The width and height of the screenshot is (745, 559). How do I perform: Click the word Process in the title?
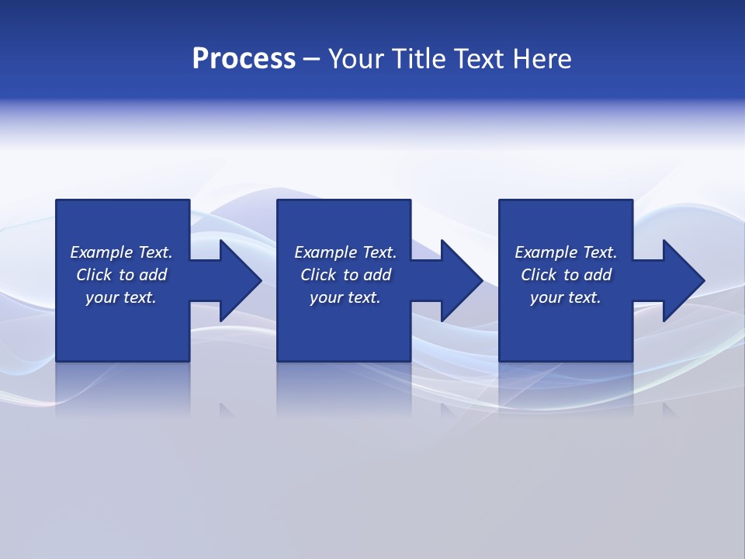click(x=244, y=59)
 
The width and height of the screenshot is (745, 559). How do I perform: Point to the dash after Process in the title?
click(x=312, y=59)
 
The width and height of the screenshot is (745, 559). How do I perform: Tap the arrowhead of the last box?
click(x=682, y=280)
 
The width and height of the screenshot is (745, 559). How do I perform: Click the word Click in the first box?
click(x=94, y=275)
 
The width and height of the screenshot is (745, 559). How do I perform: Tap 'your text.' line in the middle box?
click(x=345, y=297)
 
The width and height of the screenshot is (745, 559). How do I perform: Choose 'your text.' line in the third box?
click(x=565, y=297)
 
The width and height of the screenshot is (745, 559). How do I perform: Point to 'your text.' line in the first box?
click(x=121, y=297)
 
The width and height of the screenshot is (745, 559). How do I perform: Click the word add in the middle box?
click(x=376, y=275)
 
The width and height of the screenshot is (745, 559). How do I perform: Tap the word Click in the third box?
click(x=539, y=275)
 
